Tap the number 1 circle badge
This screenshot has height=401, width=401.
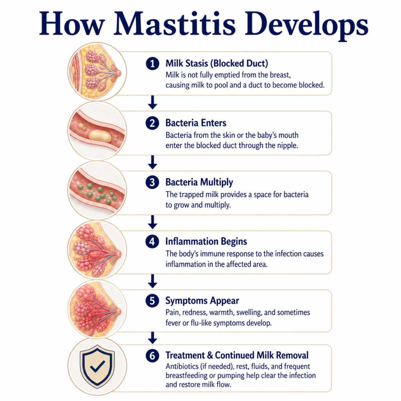(x=152, y=63)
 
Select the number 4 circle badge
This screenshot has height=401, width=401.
(x=152, y=241)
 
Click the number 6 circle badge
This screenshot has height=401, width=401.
(x=152, y=356)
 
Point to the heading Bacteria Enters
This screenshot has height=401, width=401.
(x=196, y=123)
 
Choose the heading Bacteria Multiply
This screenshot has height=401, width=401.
(x=199, y=182)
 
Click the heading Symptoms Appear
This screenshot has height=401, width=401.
(x=202, y=301)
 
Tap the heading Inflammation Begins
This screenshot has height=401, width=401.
(x=206, y=241)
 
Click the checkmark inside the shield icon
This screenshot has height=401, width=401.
(x=98, y=366)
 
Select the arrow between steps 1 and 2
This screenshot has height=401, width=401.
(x=153, y=102)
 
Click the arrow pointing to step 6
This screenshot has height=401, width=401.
(x=153, y=338)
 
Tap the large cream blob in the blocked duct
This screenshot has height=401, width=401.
(x=100, y=135)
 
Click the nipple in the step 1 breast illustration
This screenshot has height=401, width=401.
(x=119, y=73)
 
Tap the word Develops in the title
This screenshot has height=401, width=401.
(x=306, y=25)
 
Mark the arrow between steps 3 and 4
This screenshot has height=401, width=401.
(x=153, y=222)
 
